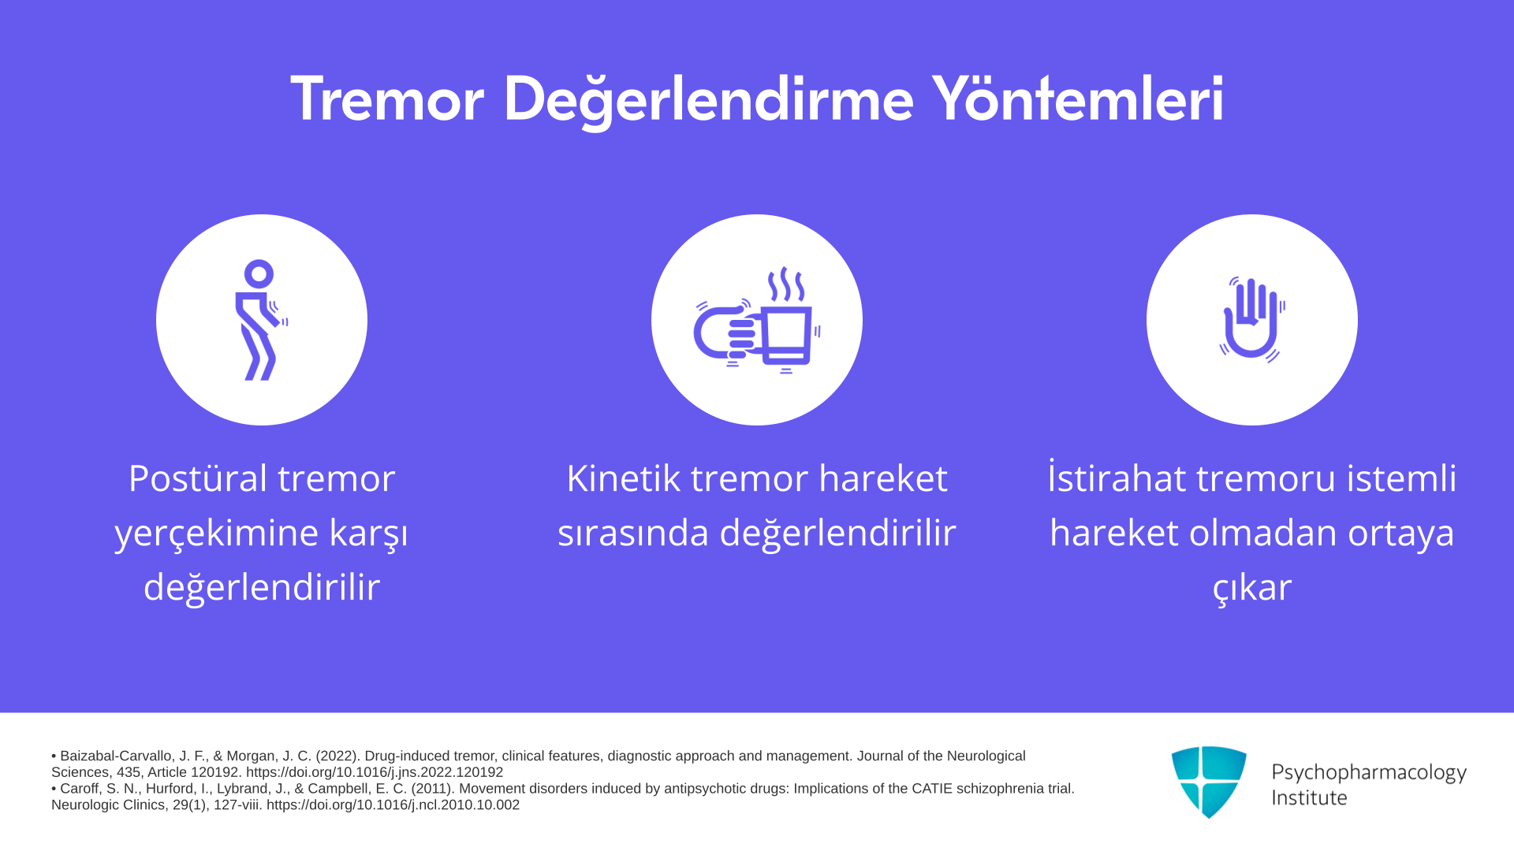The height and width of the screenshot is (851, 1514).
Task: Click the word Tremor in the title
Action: [x=386, y=99]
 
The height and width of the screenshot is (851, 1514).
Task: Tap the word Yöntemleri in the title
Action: [x=1078, y=98]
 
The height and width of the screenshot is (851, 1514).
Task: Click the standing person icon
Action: [x=261, y=320]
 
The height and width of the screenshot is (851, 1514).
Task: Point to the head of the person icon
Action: [x=259, y=274]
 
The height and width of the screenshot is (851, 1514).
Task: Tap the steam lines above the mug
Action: [x=786, y=284]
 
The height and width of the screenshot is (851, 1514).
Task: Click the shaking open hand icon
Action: [x=1252, y=319]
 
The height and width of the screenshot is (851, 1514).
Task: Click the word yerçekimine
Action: [x=216, y=533]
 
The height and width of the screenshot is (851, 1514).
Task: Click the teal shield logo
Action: [x=1209, y=782]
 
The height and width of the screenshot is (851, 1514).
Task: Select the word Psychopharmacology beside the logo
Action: [x=1369, y=773]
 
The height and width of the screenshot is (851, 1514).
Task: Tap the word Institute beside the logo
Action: [x=1309, y=798]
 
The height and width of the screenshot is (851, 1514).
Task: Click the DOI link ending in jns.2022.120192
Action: [x=375, y=772]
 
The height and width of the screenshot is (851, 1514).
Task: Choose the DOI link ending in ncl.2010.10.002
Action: [x=393, y=805]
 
